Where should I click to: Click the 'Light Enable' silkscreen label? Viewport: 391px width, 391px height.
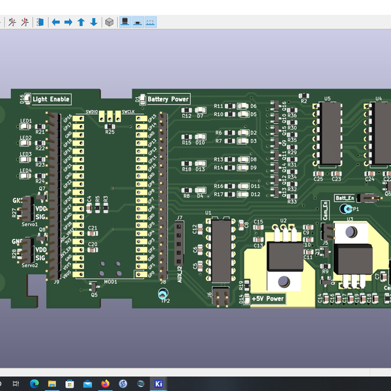point(51,99)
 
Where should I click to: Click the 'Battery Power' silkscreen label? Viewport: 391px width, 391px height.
point(167,99)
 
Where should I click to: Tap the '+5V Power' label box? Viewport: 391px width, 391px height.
point(268,298)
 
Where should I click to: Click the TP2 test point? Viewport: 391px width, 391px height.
point(164,295)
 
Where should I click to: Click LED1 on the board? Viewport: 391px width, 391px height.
point(26,127)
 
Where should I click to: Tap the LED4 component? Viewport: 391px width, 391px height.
point(26,177)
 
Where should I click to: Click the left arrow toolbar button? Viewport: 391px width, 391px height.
point(56,22)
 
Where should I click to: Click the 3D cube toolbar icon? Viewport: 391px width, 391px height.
point(109,22)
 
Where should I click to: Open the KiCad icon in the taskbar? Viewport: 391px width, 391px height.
point(157,383)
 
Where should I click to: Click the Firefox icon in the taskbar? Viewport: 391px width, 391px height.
point(105,383)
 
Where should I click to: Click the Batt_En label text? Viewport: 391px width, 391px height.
point(345,197)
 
